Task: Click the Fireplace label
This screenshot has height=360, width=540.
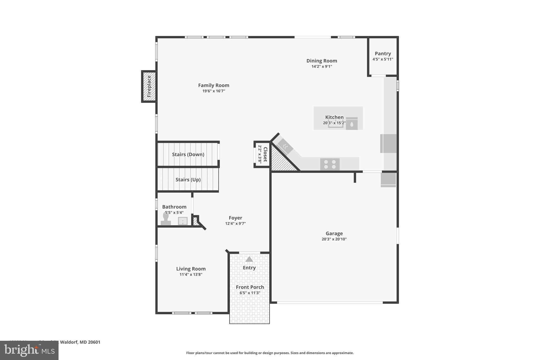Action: coord(149,86)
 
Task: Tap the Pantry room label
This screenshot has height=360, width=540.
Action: coord(383,54)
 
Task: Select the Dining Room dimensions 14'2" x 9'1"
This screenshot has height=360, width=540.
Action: coord(321,66)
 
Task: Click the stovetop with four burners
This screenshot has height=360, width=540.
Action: coord(330,164)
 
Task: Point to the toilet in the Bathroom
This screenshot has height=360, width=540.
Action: coord(166,219)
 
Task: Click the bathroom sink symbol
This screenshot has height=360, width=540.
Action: coord(182,221)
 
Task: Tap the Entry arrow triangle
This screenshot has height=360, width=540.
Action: coord(249,259)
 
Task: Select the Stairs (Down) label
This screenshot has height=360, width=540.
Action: coord(188,155)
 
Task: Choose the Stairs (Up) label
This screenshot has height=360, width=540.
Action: coord(188,180)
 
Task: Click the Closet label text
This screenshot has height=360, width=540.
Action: coord(265,155)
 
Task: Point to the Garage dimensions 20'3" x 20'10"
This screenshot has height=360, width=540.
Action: coord(334,239)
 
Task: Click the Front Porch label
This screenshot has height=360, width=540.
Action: coord(250,287)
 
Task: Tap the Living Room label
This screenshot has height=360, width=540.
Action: coord(191,269)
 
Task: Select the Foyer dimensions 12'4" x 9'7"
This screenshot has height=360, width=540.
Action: coord(235,223)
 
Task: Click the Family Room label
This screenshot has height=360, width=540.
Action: coord(214,85)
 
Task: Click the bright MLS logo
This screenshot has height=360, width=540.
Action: coord(29,350)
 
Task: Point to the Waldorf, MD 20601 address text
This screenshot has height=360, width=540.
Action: coord(80,342)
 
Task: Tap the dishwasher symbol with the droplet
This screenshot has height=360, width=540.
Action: coord(351,124)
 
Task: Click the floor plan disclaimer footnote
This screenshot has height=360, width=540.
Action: coord(270,353)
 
